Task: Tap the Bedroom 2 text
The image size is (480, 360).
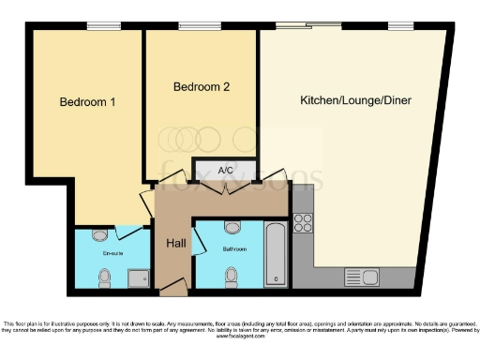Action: coord(202,86)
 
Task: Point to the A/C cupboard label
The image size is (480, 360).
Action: coord(225,171)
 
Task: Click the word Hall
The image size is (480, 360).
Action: coord(175,243)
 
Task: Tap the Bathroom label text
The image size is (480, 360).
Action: coord(234,249)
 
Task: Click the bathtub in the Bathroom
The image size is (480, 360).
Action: coord(276,253)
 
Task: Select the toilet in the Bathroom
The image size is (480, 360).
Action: coord(232,275)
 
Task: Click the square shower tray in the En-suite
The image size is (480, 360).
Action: coord(138,277)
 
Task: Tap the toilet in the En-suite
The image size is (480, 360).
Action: coord(105,277)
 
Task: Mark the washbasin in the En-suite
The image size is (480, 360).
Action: coord(100,234)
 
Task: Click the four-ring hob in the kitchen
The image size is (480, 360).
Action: coord(303,222)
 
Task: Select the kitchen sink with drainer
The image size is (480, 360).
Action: coord(361,277)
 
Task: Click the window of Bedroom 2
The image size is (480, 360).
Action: coord(193,27)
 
